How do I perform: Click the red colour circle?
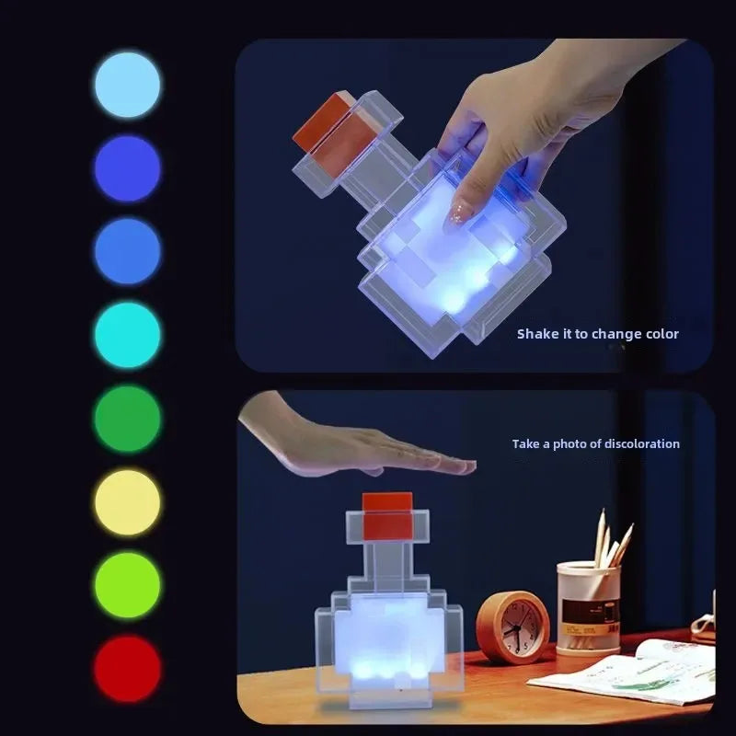click(x=127, y=669)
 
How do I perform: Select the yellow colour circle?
click(x=127, y=502)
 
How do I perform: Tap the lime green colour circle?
click(x=127, y=585)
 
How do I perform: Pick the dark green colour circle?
click(x=127, y=419)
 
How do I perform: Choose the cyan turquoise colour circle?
click(x=127, y=336)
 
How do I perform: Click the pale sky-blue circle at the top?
click(x=127, y=85)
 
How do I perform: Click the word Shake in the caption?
click(x=537, y=334)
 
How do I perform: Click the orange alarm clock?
click(x=512, y=627)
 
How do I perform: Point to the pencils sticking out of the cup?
click(x=611, y=538)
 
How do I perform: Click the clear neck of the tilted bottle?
click(x=363, y=175)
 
